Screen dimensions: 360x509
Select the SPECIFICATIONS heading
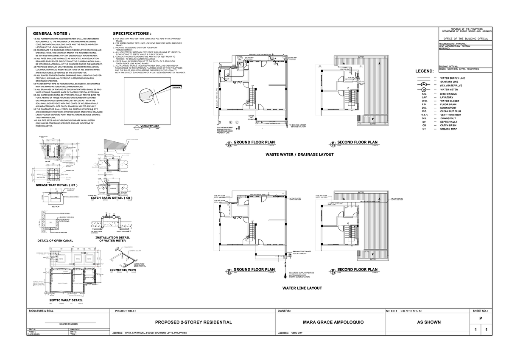131,34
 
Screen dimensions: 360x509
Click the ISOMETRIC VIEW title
123,270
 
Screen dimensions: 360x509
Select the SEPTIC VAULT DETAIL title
63,300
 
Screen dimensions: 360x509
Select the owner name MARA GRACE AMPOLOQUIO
329,322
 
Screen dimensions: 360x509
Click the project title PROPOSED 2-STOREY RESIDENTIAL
193,322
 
